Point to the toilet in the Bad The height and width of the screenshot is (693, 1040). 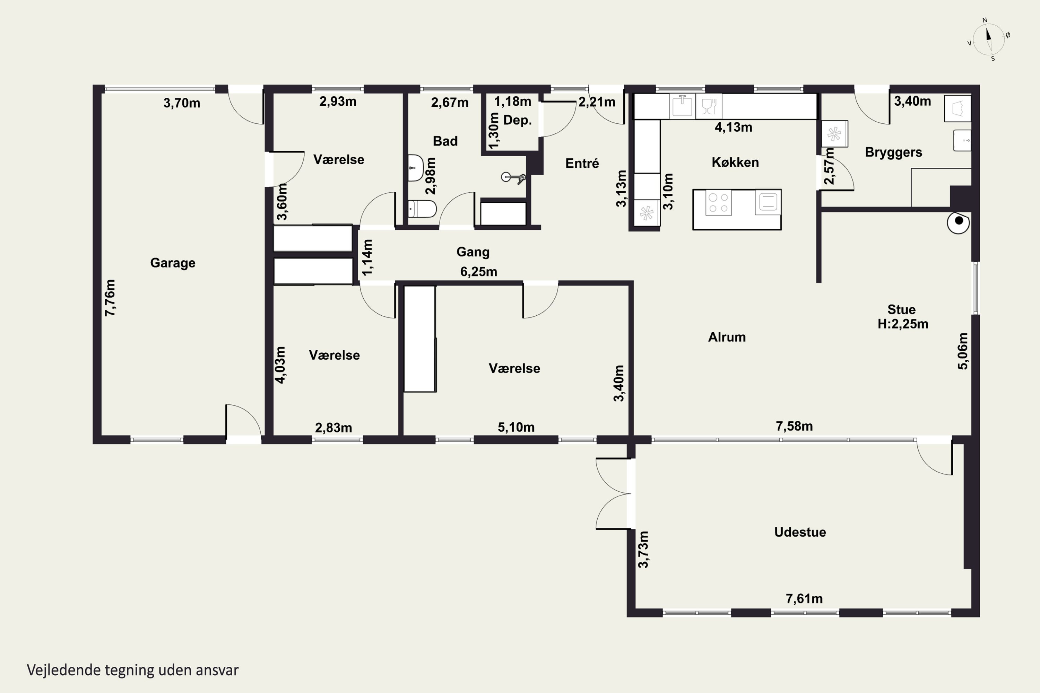(422, 209)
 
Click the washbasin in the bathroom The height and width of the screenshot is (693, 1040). (415, 168)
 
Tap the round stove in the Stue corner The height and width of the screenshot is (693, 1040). (959, 222)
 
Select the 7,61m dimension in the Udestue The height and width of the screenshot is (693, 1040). (804, 598)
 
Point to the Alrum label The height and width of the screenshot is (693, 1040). (727, 337)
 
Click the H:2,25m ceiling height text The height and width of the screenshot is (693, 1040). (903, 324)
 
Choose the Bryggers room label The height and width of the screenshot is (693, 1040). (894, 152)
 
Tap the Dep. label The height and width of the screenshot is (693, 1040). (517, 120)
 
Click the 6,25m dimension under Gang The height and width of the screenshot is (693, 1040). (478, 271)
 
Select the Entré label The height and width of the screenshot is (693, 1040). (582, 164)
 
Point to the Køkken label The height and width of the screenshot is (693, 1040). (735, 162)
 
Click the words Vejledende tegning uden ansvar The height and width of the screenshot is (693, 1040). (133, 670)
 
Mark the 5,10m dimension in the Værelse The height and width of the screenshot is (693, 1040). (516, 427)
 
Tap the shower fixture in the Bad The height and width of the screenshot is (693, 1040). (513, 178)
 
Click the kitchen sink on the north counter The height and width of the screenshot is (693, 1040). (682, 106)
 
